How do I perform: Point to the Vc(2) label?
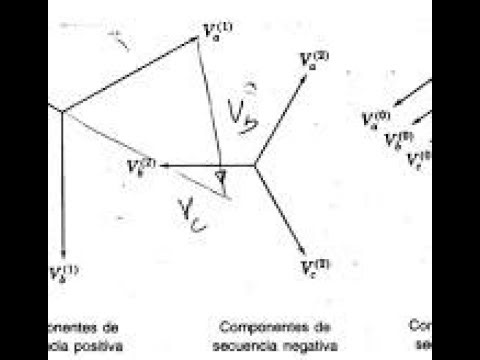click(316, 267)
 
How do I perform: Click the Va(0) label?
click(376, 120)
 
